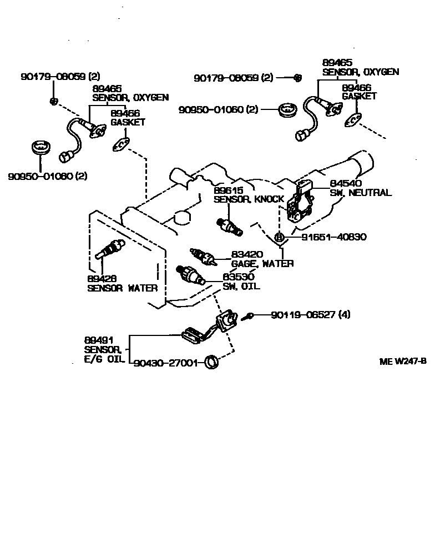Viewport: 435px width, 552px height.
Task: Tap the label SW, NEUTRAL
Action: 361,193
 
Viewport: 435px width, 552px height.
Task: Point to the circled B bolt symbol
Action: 280,237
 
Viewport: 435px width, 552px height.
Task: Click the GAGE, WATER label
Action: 262,263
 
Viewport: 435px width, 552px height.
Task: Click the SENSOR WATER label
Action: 122,288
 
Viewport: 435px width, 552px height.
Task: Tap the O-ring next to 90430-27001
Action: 211,363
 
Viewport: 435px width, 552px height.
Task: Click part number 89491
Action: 97,339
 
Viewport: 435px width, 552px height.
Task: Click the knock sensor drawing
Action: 228,225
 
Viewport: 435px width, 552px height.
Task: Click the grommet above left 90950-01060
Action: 41,149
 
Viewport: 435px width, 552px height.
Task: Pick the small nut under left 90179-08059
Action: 54,101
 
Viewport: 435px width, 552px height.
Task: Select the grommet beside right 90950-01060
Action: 287,109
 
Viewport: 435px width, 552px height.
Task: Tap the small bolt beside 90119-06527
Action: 250,315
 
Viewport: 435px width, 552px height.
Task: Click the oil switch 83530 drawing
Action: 190,274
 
